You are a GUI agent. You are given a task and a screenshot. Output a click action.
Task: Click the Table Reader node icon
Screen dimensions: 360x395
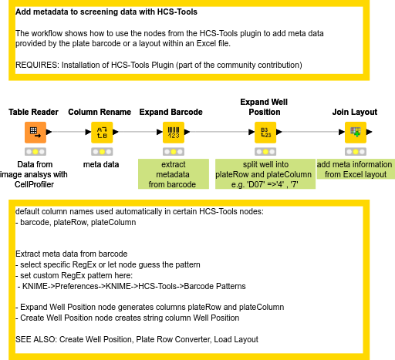[34, 132]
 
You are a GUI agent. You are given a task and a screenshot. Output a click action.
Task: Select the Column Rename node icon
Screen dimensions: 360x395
[101, 132]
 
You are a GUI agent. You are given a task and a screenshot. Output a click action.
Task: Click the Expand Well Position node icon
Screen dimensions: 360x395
[265, 132]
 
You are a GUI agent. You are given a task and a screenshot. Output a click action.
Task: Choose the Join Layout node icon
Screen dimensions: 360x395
[355, 132]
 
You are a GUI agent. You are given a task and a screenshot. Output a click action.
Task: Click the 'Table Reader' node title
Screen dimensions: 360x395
[34, 113]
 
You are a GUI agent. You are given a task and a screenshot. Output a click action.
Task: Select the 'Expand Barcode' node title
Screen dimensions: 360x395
[170, 113]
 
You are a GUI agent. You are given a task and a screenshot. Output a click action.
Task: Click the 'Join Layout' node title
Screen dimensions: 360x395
[354, 113]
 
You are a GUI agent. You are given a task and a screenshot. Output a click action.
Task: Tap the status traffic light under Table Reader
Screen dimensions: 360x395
[34, 152]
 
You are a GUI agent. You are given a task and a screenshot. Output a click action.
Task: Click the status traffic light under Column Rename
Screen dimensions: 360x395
[101, 152]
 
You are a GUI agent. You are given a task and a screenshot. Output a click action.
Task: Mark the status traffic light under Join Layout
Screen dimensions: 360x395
[355, 152]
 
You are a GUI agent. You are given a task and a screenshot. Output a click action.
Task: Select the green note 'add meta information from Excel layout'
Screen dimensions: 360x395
[354, 170]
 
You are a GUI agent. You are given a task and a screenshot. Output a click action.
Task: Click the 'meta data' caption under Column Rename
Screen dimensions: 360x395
[101, 164]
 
